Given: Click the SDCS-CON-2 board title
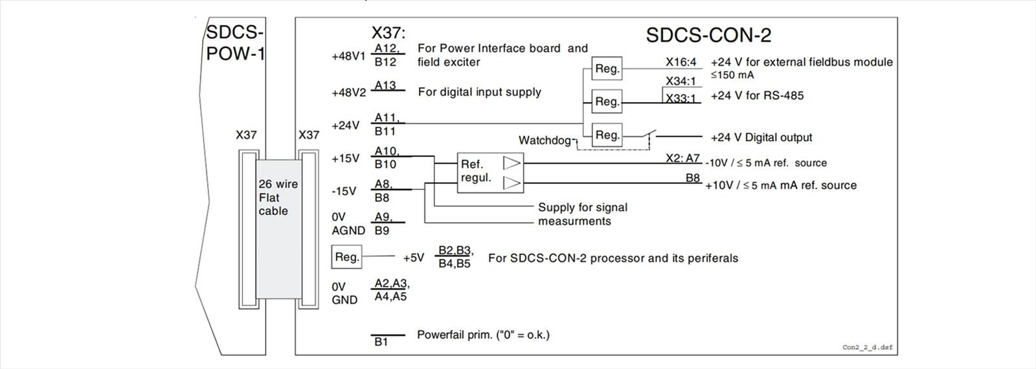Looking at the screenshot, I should pyautogui.click(x=708, y=35).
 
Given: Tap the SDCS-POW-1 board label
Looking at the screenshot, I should pyautogui.click(x=235, y=43).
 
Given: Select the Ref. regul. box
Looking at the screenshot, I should pyautogui.click(x=490, y=172).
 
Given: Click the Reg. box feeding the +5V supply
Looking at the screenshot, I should pyautogui.click(x=346, y=257).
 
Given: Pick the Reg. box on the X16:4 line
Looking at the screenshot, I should pyautogui.click(x=607, y=69).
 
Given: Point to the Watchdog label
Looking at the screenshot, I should pyautogui.click(x=545, y=140).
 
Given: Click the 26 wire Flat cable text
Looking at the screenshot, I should pyautogui.click(x=278, y=197).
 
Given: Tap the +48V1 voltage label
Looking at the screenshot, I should pyautogui.click(x=348, y=56).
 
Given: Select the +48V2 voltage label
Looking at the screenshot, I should pyautogui.click(x=348, y=93).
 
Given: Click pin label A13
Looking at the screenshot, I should pyautogui.click(x=385, y=85).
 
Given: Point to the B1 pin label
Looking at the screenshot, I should pyautogui.click(x=381, y=342).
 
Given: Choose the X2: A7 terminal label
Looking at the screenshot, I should pyautogui.click(x=683, y=158).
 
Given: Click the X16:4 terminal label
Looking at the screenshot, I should pyautogui.click(x=681, y=62).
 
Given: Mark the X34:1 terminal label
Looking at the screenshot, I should pyautogui.click(x=681, y=82).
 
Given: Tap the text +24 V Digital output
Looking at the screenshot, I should pyautogui.click(x=761, y=137).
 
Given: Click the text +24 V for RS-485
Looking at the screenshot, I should pyautogui.click(x=757, y=96).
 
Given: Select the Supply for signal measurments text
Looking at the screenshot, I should pyautogui.click(x=582, y=214).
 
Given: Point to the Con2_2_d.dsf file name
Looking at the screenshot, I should pyautogui.click(x=867, y=348).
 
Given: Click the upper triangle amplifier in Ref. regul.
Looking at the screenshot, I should pyautogui.click(x=512, y=163).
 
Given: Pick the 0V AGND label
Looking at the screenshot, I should pyautogui.click(x=348, y=223).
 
